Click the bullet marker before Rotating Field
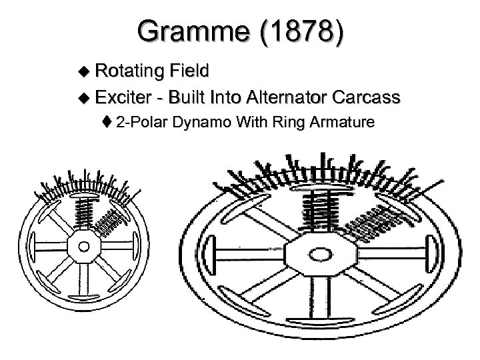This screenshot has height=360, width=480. click(x=83, y=71)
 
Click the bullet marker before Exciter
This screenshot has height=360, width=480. click(x=83, y=98)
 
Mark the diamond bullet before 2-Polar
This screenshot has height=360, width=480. click(x=107, y=122)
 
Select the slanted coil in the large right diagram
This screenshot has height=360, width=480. click(x=378, y=223)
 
